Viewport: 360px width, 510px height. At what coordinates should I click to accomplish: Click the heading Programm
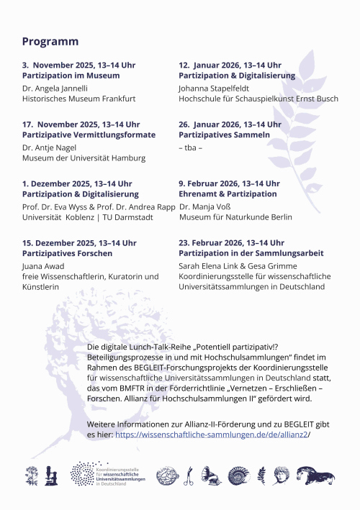pos(50,42)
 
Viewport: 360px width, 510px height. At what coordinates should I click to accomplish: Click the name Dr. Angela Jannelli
pos(55,88)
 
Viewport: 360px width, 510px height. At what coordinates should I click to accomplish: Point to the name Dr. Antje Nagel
pos(50,147)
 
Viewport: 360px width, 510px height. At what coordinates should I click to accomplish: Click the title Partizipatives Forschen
pos(67,253)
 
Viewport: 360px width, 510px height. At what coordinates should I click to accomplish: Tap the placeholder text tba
pos(190,147)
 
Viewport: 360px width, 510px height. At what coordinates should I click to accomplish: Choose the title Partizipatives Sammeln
pos(224,135)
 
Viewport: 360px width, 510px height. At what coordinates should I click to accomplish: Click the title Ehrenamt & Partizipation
pos(228,193)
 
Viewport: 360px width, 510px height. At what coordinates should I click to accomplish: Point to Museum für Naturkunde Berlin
pos(235,217)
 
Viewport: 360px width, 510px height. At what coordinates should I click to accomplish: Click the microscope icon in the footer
pos(50,475)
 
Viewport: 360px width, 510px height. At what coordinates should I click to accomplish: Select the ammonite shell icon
pos(238,475)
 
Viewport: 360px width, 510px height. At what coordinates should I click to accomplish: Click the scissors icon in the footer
pos(189,475)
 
